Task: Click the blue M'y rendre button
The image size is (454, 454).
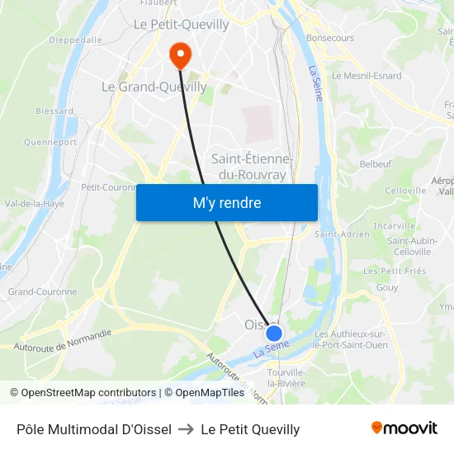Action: (x=226, y=202)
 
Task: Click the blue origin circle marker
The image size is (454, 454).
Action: (x=274, y=333)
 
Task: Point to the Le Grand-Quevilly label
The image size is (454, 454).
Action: (x=143, y=86)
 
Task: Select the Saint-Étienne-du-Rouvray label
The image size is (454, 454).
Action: (x=252, y=166)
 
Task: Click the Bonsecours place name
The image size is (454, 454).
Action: (x=329, y=38)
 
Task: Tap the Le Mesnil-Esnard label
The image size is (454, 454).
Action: (x=367, y=75)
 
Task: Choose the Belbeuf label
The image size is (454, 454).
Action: (x=376, y=164)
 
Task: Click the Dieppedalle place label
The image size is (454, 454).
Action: (x=76, y=39)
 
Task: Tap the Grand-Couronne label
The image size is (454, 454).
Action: (x=42, y=291)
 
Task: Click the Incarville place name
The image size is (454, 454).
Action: (x=395, y=225)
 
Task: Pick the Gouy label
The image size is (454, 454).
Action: (x=386, y=287)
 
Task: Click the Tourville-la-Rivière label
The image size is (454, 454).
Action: (x=286, y=378)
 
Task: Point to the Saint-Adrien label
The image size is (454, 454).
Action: (x=342, y=234)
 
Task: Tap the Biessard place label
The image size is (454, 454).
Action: (x=54, y=111)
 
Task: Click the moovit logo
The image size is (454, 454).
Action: (x=404, y=428)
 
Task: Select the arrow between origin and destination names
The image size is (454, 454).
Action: (x=186, y=429)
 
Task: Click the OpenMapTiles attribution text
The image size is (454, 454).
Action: (x=205, y=393)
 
